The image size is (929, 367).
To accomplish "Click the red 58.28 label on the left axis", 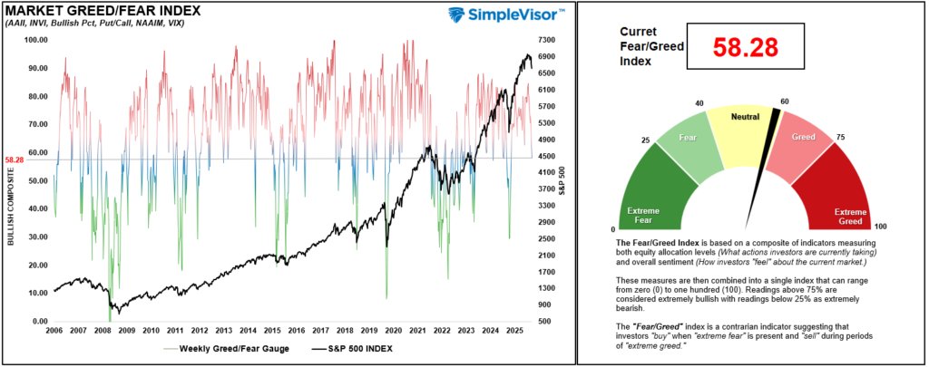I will click(x=14, y=159).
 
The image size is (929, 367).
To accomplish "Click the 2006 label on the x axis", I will click(x=54, y=332).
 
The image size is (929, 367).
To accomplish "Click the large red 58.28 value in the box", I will click(x=747, y=48).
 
